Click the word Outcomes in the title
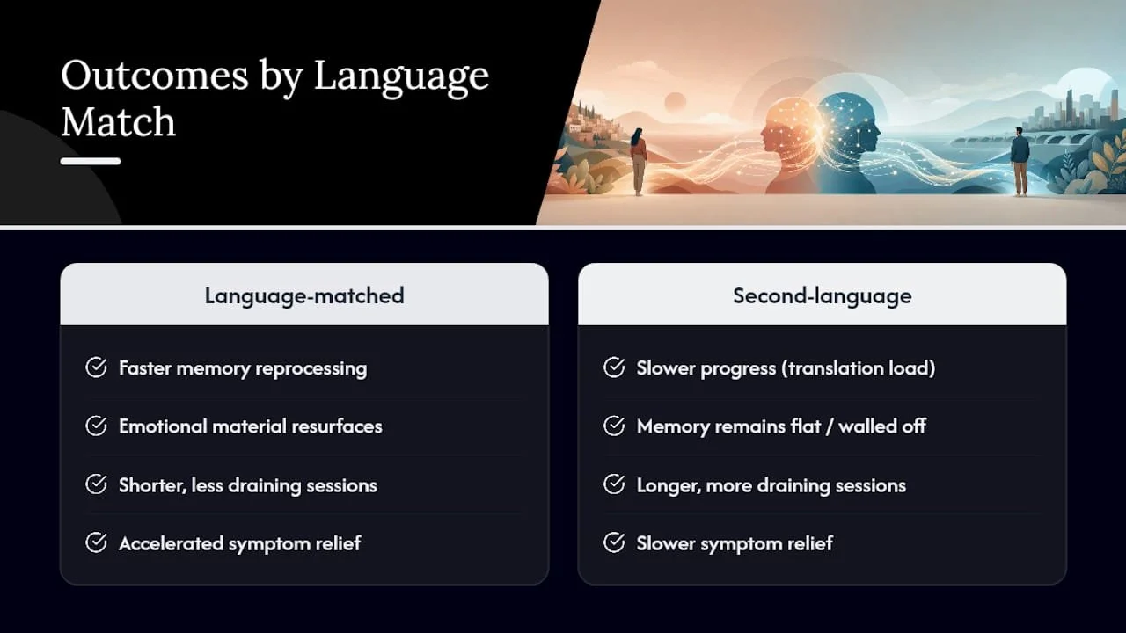coord(155,76)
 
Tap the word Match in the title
coord(119,121)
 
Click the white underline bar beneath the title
coord(91,161)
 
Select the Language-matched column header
coord(304,296)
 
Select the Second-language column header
coord(823,296)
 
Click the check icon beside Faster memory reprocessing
coord(96,367)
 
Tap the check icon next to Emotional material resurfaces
coord(96,426)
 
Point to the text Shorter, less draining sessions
coord(248,485)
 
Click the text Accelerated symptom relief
coord(240,543)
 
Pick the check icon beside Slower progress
coord(614,367)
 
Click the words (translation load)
coord(858,368)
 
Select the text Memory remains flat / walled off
coord(781,426)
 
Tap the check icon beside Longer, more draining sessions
coord(614,484)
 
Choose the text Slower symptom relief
coord(735,543)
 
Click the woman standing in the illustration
coord(639,162)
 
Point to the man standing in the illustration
coord(1020,161)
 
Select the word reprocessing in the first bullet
coord(311,369)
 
